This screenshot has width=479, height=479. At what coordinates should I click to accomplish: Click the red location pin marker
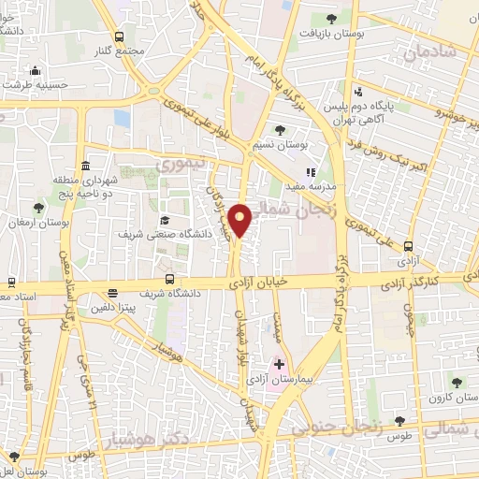click(241, 220)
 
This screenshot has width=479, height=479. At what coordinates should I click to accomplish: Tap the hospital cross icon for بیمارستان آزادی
click(279, 362)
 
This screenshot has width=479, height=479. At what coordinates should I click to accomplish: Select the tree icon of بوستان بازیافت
click(328, 19)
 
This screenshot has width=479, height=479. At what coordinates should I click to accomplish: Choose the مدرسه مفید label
click(319, 186)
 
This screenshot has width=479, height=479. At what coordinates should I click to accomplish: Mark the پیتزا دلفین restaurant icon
click(112, 292)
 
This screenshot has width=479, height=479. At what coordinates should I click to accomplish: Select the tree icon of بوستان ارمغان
click(38, 208)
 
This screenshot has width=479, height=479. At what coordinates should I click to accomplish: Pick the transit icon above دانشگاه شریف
click(169, 279)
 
